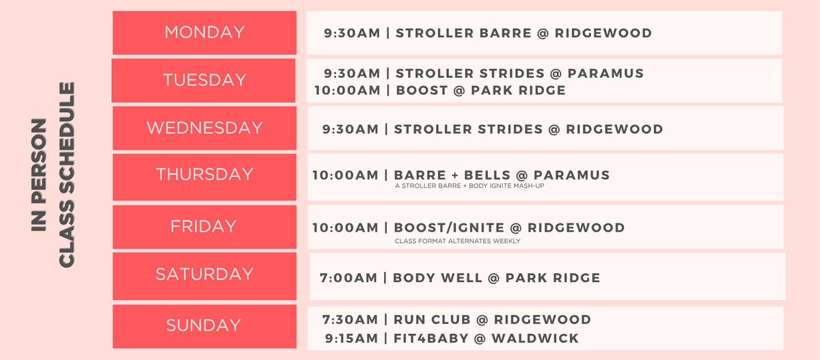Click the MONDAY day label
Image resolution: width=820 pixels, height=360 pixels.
point(204,32)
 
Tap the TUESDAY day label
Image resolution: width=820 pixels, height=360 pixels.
point(204,80)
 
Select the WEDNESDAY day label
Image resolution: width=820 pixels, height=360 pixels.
point(204,128)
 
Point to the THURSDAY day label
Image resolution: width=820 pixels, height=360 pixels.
point(204,174)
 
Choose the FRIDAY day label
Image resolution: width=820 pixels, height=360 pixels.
point(204,227)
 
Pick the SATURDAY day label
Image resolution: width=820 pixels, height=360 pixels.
point(204,274)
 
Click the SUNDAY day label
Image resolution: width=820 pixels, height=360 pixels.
point(204,325)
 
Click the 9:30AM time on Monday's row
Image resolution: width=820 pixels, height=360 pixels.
point(352,33)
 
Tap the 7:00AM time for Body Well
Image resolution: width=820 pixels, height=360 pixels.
point(348,278)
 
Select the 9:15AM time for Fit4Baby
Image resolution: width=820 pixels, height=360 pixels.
point(351,338)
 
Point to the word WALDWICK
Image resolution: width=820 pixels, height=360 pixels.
point(535,338)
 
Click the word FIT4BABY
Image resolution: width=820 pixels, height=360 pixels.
point(431,338)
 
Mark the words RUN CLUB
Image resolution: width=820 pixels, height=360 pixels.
point(432,320)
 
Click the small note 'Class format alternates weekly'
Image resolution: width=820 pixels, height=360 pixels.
point(458,241)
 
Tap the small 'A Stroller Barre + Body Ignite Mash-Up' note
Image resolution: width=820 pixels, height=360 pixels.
point(469,186)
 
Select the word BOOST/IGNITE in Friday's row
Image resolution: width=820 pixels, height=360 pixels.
point(449,228)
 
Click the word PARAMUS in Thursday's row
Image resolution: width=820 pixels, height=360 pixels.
point(572,176)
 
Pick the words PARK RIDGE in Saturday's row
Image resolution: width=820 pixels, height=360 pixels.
point(553,278)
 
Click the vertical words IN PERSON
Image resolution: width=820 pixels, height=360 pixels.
point(39,175)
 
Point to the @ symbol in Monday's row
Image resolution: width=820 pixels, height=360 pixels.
point(543,33)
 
